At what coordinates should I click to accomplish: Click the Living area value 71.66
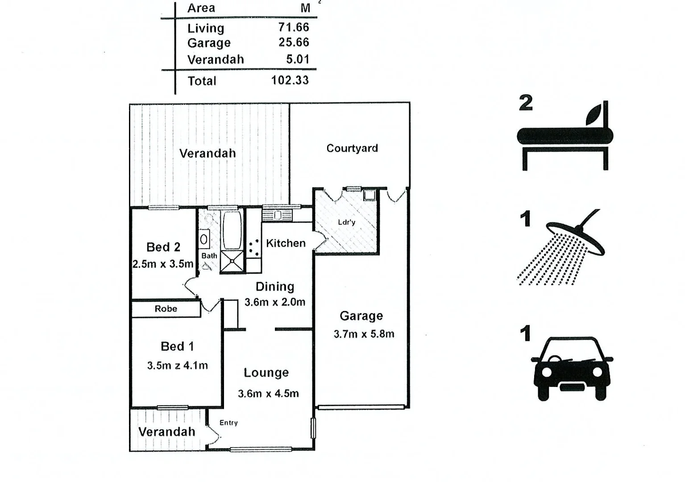pos(294,28)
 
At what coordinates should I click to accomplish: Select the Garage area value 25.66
pos(294,42)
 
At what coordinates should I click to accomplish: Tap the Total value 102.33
pos(290,80)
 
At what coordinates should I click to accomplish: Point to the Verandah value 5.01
pos(298,59)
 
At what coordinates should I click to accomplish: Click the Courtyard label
pos(352,148)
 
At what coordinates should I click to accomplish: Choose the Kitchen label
pos(286,243)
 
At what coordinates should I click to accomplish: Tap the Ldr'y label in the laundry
pos(347,222)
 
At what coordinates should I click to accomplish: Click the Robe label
pos(166,309)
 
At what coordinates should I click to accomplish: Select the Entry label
pos(228,423)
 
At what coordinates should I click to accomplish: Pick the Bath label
pos(209,256)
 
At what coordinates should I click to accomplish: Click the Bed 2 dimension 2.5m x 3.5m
pos(163,264)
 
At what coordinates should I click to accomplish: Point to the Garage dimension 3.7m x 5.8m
pos(364,334)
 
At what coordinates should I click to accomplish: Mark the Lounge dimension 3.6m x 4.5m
pos(268,394)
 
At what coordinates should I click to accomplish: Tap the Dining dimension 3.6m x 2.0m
pos(275,302)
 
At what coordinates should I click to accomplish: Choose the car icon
pos(571,368)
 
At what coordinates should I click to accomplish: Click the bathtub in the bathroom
pos(232,230)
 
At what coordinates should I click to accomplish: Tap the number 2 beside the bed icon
pos(526,103)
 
